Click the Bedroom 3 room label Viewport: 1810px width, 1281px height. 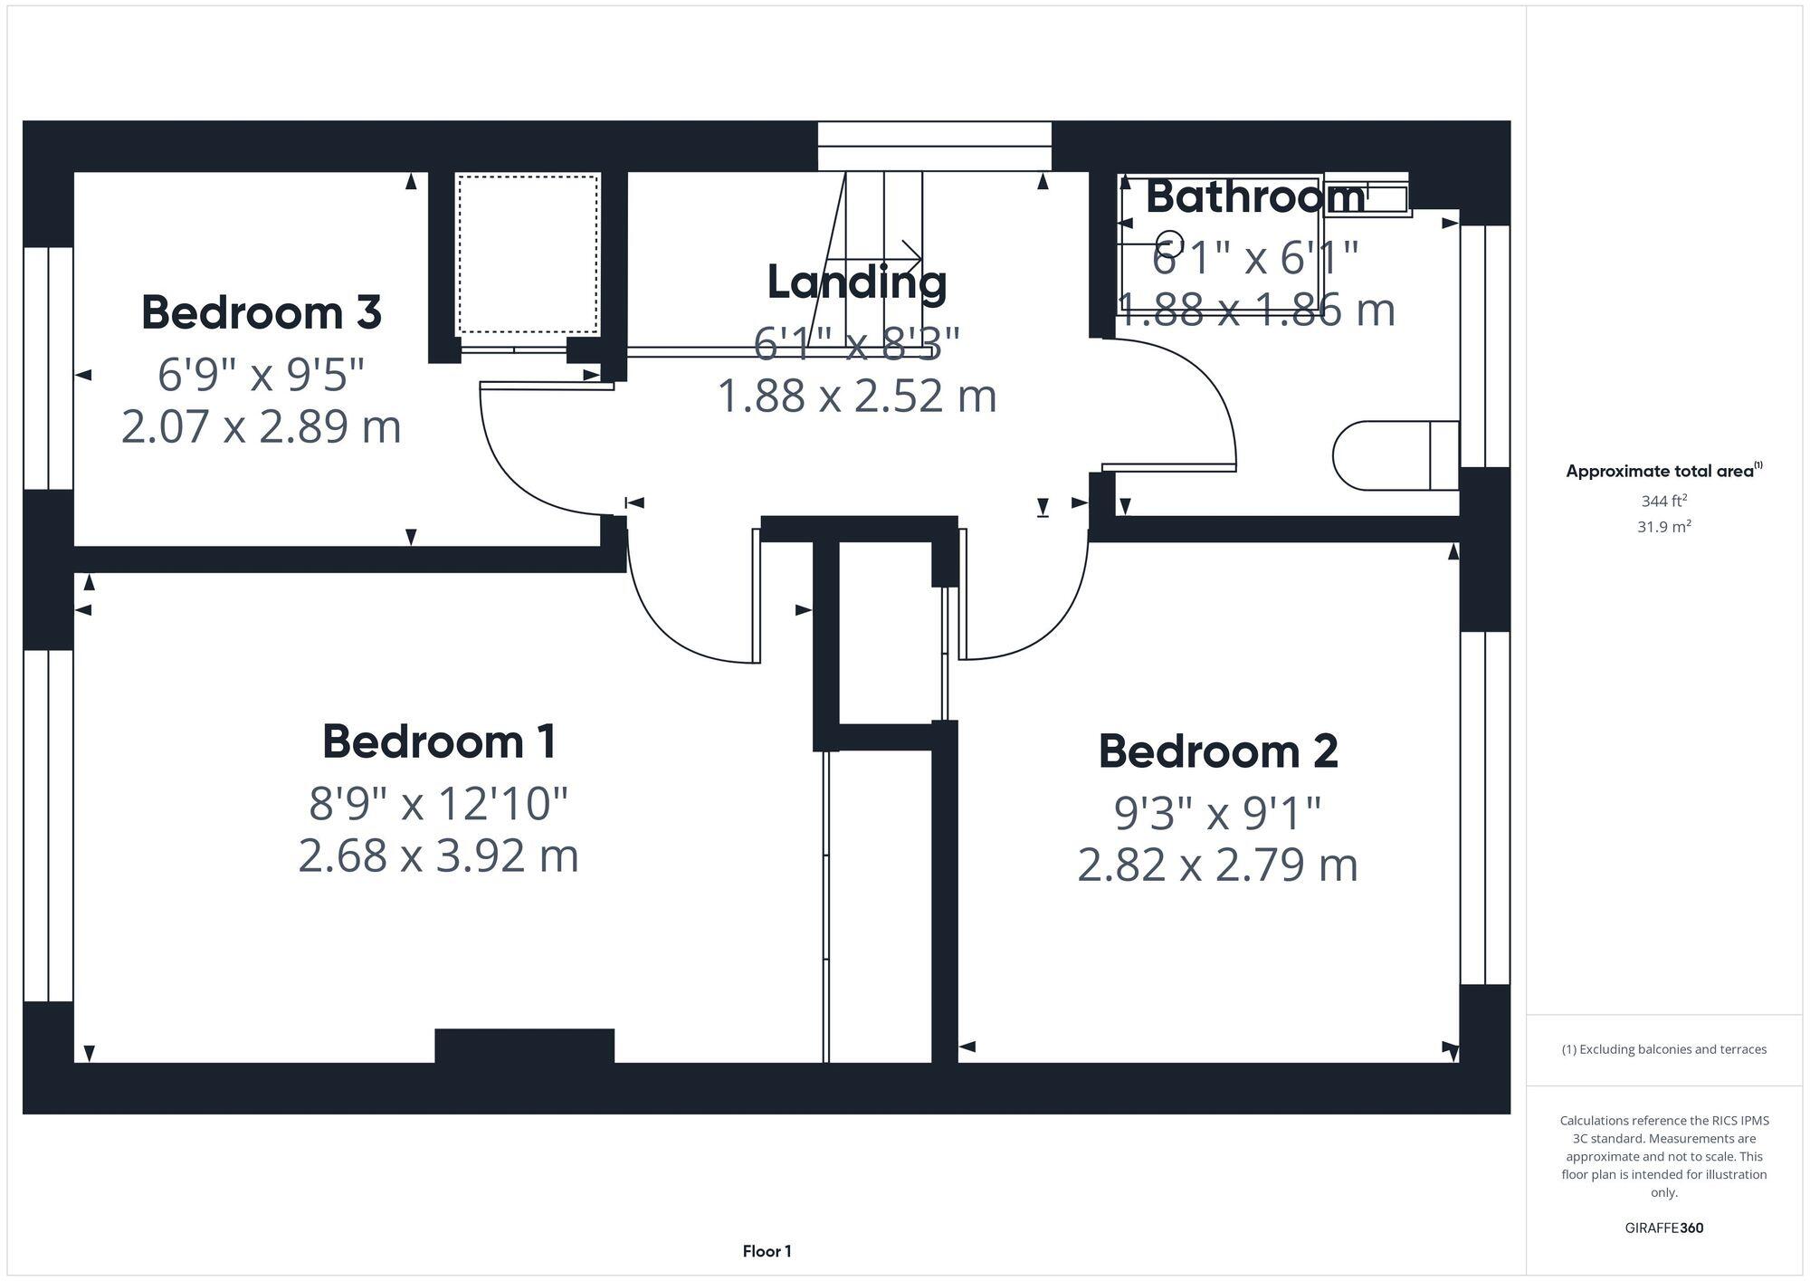[x=262, y=312]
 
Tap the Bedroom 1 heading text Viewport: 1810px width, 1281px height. [x=439, y=741]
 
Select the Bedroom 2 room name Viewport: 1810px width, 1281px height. [x=1217, y=751]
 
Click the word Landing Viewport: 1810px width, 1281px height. [x=857, y=282]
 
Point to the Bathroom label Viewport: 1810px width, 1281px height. [x=1255, y=196]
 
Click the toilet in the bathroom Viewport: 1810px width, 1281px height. [x=1394, y=455]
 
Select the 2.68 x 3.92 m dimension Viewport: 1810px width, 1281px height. [x=439, y=856]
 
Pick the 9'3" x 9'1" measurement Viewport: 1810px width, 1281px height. [x=1217, y=813]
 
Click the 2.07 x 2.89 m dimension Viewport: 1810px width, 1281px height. [x=262, y=426]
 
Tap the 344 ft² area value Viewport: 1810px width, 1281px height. [x=1663, y=501]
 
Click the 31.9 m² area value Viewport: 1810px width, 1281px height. [x=1663, y=526]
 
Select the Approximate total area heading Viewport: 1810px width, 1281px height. [x=1663, y=471]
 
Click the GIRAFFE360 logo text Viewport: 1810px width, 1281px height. [x=1663, y=1228]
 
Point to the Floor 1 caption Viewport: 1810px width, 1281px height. [x=767, y=1251]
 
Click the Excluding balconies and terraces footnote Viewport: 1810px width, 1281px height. [x=1663, y=1049]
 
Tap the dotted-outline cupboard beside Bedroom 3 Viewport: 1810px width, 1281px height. [x=528, y=254]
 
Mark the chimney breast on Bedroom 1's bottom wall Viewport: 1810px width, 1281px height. [x=524, y=1045]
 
